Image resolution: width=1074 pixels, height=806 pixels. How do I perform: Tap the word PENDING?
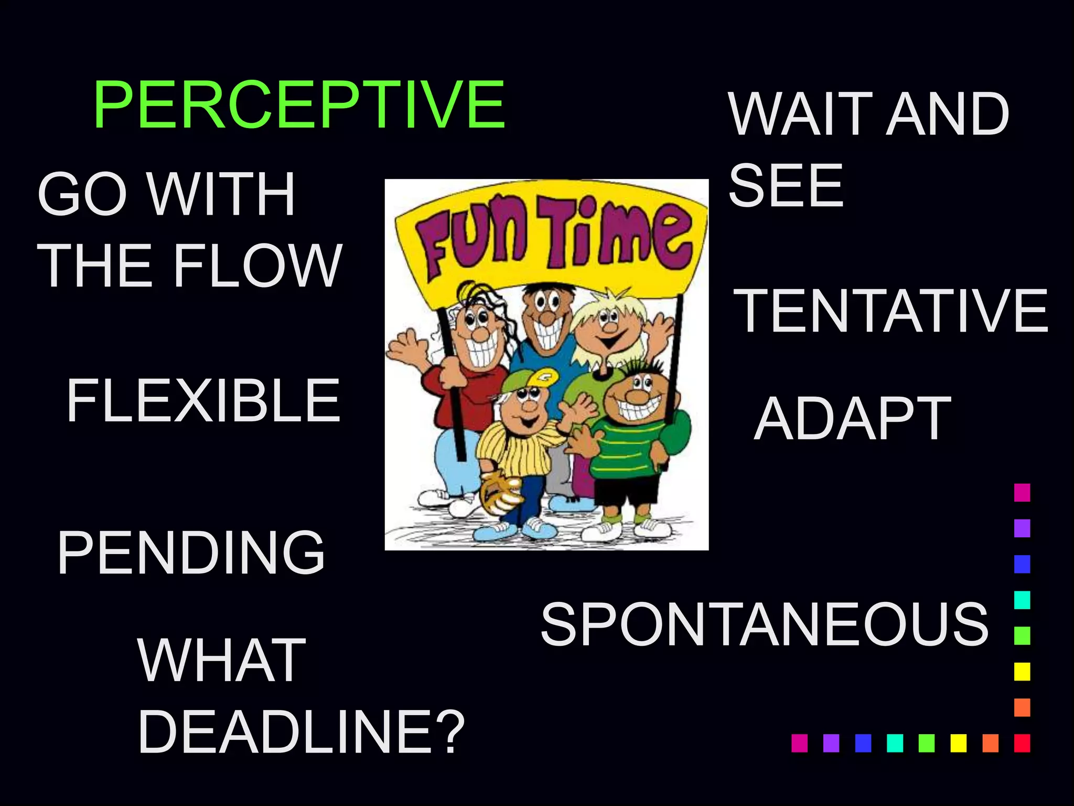click(191, 552)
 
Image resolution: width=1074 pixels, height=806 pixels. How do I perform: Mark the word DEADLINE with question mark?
click(301, 731)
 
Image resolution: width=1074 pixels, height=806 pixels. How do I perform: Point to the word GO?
click(82, 194)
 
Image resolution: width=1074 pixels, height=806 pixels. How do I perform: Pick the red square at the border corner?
click(1022, 743)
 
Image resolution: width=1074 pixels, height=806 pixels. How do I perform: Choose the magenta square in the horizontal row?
click(799, 743)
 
